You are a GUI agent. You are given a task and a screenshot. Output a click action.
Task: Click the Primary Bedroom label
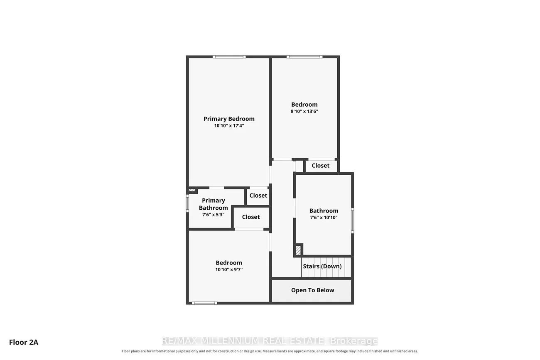[229, 119]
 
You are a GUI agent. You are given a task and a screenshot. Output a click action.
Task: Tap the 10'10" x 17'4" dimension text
[229, 125]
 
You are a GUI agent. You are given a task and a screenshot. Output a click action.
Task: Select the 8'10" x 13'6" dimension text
[304, 111]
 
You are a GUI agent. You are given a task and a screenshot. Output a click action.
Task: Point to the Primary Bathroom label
[214, 204]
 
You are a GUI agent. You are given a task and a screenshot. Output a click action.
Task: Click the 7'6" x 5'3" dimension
[214, 214]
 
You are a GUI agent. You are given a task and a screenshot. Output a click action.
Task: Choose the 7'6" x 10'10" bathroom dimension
[324, 218]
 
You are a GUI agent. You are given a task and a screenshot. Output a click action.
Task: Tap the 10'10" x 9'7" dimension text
[229, 269]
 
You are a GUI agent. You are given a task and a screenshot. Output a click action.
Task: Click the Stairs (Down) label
[322, 266]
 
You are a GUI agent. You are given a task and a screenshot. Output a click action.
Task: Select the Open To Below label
[313, 290]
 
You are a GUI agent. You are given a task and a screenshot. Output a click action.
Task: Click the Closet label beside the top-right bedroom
[321, 166]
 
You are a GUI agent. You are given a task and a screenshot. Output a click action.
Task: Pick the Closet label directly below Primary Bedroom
[258, 196]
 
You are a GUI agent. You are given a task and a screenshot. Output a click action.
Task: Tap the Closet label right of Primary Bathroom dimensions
[251, 217]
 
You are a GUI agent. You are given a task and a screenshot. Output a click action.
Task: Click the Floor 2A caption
[24, 342]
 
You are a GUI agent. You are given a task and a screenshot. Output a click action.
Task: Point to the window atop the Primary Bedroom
[229, 57]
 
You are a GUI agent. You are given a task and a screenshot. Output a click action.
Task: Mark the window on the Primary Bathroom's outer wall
[187, 203]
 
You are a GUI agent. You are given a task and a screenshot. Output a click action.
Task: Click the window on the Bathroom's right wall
[352, 220]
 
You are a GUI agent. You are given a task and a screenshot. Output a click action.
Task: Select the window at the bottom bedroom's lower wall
[204, 303]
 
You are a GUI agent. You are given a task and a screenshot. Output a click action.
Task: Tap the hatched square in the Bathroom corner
[298, 250]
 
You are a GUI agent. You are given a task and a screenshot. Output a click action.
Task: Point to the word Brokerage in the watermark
[353, 341]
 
